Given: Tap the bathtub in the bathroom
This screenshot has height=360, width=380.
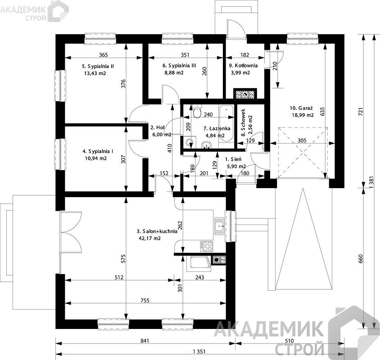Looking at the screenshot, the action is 226,123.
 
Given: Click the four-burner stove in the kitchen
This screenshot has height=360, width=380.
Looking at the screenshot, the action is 207,247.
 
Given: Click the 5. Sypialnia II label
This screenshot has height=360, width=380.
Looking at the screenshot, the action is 98,66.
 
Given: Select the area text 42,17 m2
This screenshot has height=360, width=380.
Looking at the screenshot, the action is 149,238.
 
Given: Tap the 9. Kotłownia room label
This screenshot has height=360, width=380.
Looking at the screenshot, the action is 243,65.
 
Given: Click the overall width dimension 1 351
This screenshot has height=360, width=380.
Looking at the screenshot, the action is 199,351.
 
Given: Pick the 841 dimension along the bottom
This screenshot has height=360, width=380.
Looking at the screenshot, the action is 145,341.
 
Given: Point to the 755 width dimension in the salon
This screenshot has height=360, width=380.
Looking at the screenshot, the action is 145,301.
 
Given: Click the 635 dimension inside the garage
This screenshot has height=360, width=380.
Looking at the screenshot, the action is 322,112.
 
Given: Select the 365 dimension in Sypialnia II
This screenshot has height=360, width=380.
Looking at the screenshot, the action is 104,55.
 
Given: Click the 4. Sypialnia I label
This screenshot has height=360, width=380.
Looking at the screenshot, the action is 98,151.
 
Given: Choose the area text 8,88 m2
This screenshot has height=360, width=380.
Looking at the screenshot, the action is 174,73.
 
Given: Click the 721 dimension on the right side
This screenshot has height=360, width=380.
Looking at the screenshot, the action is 361,112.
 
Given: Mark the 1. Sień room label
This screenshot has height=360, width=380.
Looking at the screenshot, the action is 233,159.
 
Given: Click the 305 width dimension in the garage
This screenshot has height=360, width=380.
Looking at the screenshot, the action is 302,140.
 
